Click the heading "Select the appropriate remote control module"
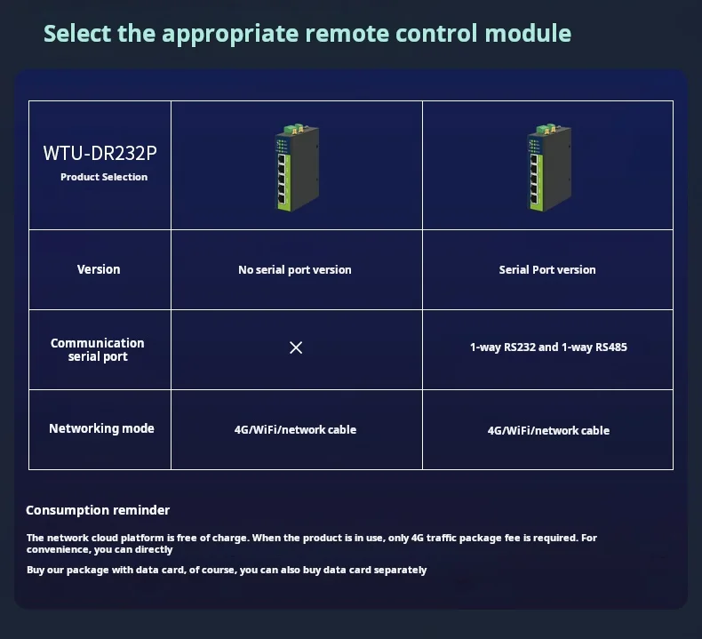[x=307, y=34]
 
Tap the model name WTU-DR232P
[x=100, y=153]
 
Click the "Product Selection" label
[x=104, y=177]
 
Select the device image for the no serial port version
[x=297, y=167]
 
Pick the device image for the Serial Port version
[x=548, y=167]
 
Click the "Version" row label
[x=99, y=269]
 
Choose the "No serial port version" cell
[x=295, y=269]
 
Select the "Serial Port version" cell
[x=547, y=269]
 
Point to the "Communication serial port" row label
[x=98, y=349]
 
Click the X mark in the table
[x=296, y=347]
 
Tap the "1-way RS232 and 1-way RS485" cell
[x=548, y=347]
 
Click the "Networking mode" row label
[x=101, y=428]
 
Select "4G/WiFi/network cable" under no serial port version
[x=295, y=429]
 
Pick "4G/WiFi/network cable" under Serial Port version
[x=548, y=430]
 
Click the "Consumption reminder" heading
[x=98, y=510]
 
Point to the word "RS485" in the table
[x=611, y=347]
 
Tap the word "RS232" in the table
[x=520, y=347]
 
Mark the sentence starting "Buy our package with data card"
[x=227, y=570]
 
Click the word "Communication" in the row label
[x=98, y=343]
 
